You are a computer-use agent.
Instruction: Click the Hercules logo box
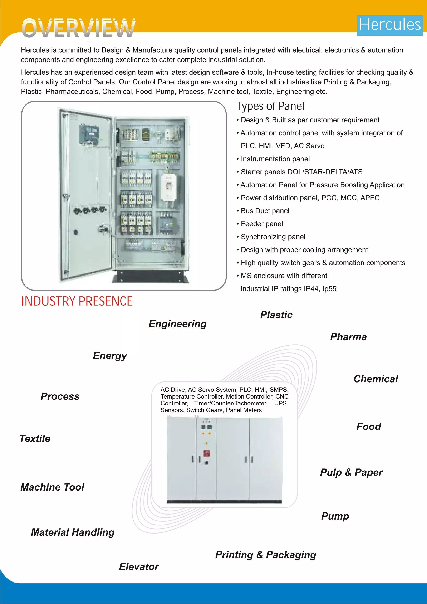pyautogui.click(x=389, y=25)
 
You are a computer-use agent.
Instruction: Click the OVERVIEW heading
pyautogui.click(x=78, y=28)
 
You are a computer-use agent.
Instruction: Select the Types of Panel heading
pyautogui.click(x=270, y=106)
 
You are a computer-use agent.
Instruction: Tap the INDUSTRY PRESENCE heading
pyautogui.click(x=77, y=301)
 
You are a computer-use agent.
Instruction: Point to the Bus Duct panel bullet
pyautogui.click(x=265, y=211)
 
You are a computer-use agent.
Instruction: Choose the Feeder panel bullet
pyautogui.click(x=262, y=224)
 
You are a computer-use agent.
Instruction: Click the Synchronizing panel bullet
pyautogui.click(x=273, y=237)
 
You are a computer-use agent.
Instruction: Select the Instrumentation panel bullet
pyautogui.click(x=275, y=159)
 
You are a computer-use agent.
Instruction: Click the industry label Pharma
pyautogui.click(x=348, y=337)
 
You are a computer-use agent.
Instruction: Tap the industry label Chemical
pyautogui.click(x=376, y=379)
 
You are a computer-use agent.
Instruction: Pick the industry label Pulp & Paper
pyautogui.click(x=351, y=472)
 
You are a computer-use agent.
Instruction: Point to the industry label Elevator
pyautogui.click(x=139, y=567)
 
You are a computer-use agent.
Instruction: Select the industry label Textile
pyautogui.click(x=35, y=439)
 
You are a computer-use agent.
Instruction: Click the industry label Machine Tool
pyautogui.click(x=52, y=487)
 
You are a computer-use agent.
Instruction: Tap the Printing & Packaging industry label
pyautogui.click(x=266, y=555)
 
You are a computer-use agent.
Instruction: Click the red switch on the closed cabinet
pyautogui.click(x=206, y=453)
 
